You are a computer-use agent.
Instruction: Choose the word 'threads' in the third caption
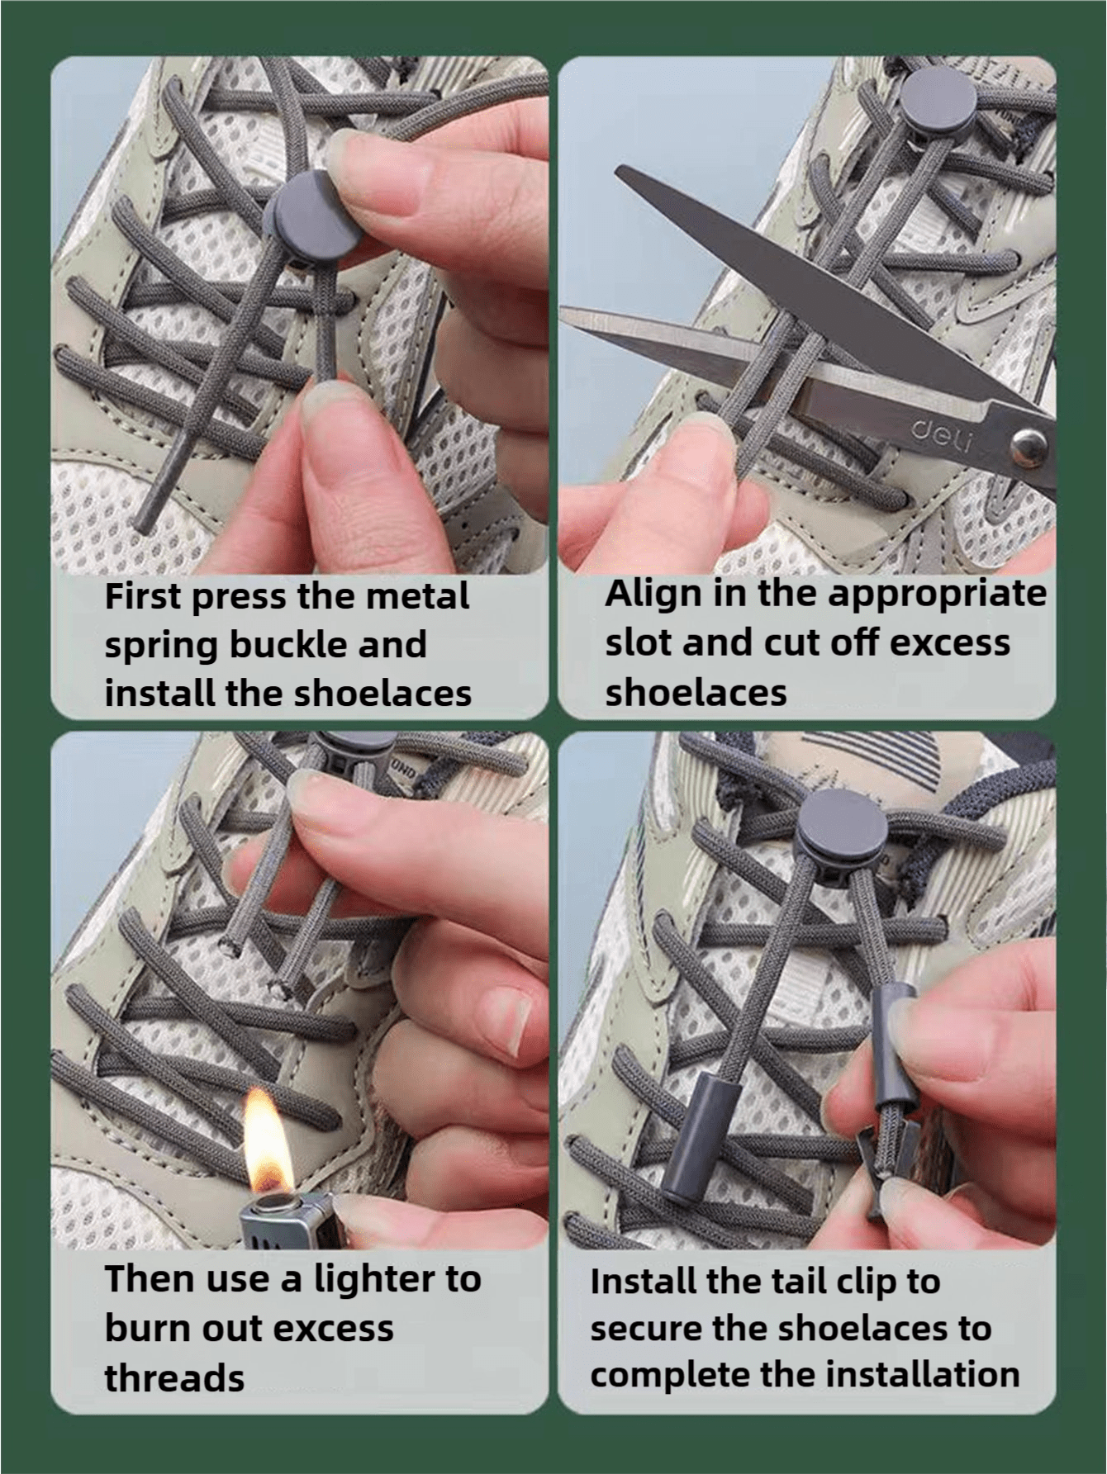click(x=174, y=1378)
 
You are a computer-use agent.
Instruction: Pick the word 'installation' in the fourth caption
click(x=924, y=1374)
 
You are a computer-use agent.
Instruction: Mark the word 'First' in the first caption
click(x=142, y=595)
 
